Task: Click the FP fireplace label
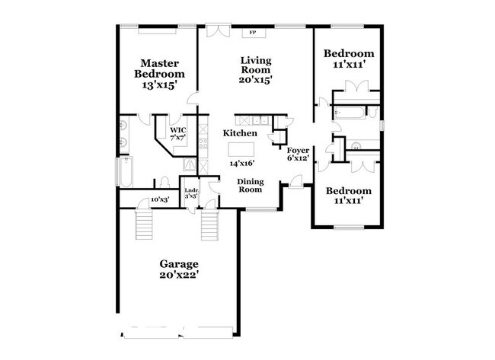point(252,32)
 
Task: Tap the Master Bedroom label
point(159,68)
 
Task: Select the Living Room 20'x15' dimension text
point(256,80)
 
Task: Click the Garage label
point(179,264)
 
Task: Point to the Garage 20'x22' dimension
point(179,275)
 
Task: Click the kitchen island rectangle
point(241,149)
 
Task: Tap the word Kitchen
point(240,133)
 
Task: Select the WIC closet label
point(178,130)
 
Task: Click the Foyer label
point(298,151)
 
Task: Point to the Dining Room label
point(251,186)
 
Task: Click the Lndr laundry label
point(191,190)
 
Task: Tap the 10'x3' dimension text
point(160,199)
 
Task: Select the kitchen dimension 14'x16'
point(242,164)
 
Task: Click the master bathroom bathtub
point(126,172)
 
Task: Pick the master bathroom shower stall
point(190,164)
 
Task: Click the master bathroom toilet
point(164,182)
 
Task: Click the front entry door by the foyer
point(296,182)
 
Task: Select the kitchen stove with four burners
point(203,144)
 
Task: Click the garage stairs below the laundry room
point(209,225)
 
